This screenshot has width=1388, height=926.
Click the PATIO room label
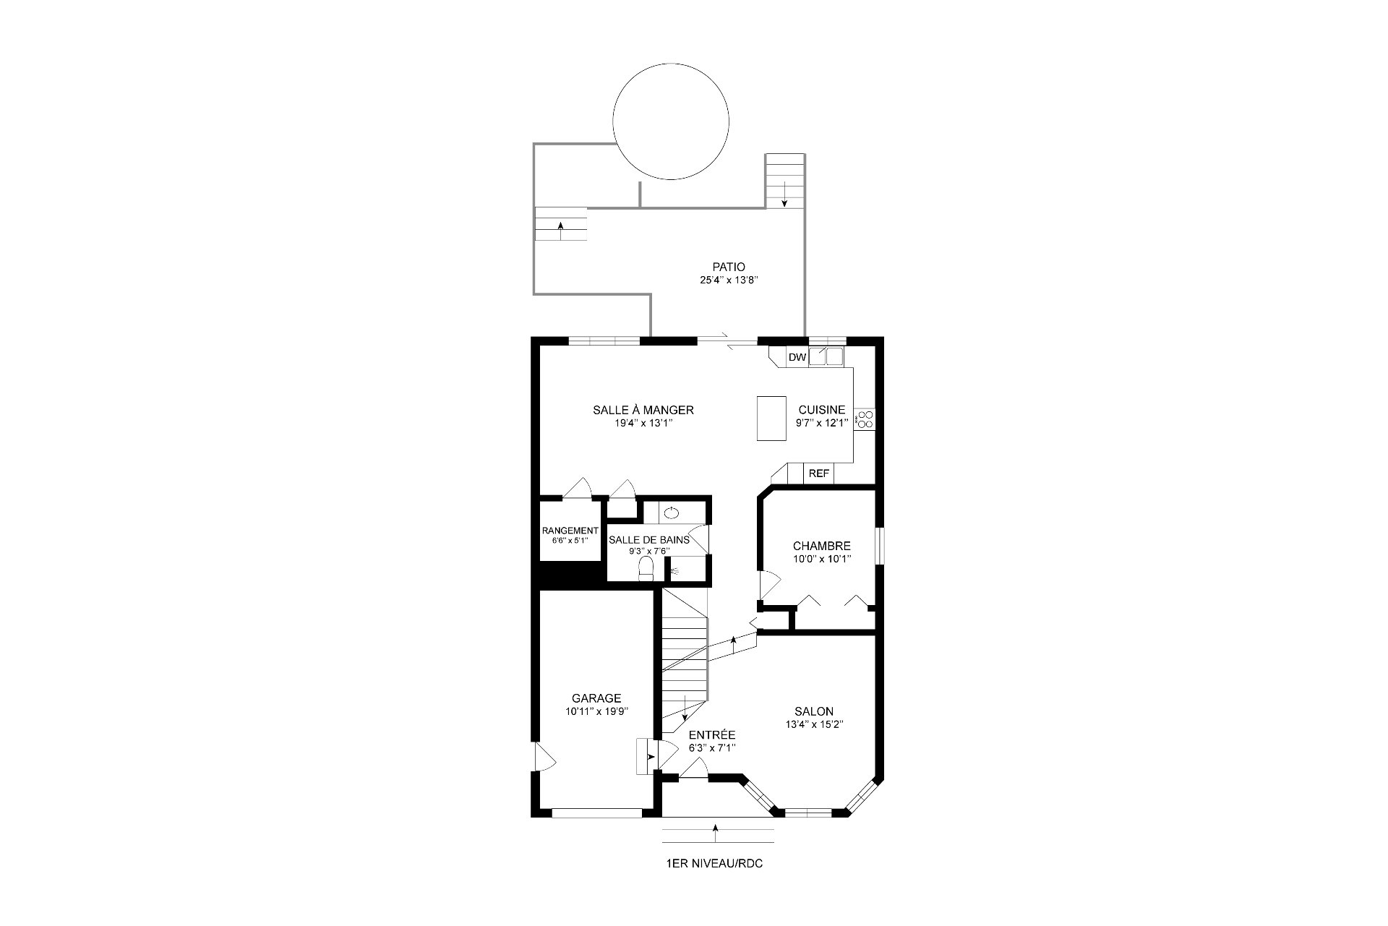pos(728,267)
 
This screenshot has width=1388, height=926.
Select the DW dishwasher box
pos(797,357)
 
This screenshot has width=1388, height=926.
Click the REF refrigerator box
pos(818,473)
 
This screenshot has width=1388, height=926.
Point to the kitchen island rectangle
pos(771,418)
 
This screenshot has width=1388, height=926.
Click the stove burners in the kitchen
pos(864,419)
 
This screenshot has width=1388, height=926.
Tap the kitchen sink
pos(826,356)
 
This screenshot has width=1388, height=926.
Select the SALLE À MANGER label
pos(643,410)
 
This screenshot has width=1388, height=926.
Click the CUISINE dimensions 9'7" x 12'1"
pos(821,424)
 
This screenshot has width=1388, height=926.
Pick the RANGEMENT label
pos(570,531)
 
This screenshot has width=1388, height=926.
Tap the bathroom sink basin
pos(672,513)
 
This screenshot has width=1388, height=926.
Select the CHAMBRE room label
pos(821,546)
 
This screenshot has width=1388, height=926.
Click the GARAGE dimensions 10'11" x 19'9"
pos(596,711)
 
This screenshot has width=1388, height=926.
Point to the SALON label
pos(814,711)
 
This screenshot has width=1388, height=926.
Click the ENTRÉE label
pos(712,735)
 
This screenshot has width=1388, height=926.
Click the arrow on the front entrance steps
pos(716,833)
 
